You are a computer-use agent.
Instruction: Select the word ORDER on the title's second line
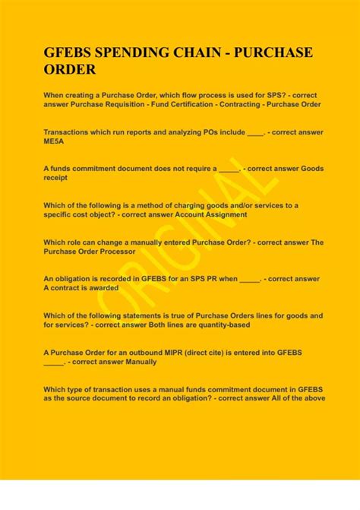[70, 71]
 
